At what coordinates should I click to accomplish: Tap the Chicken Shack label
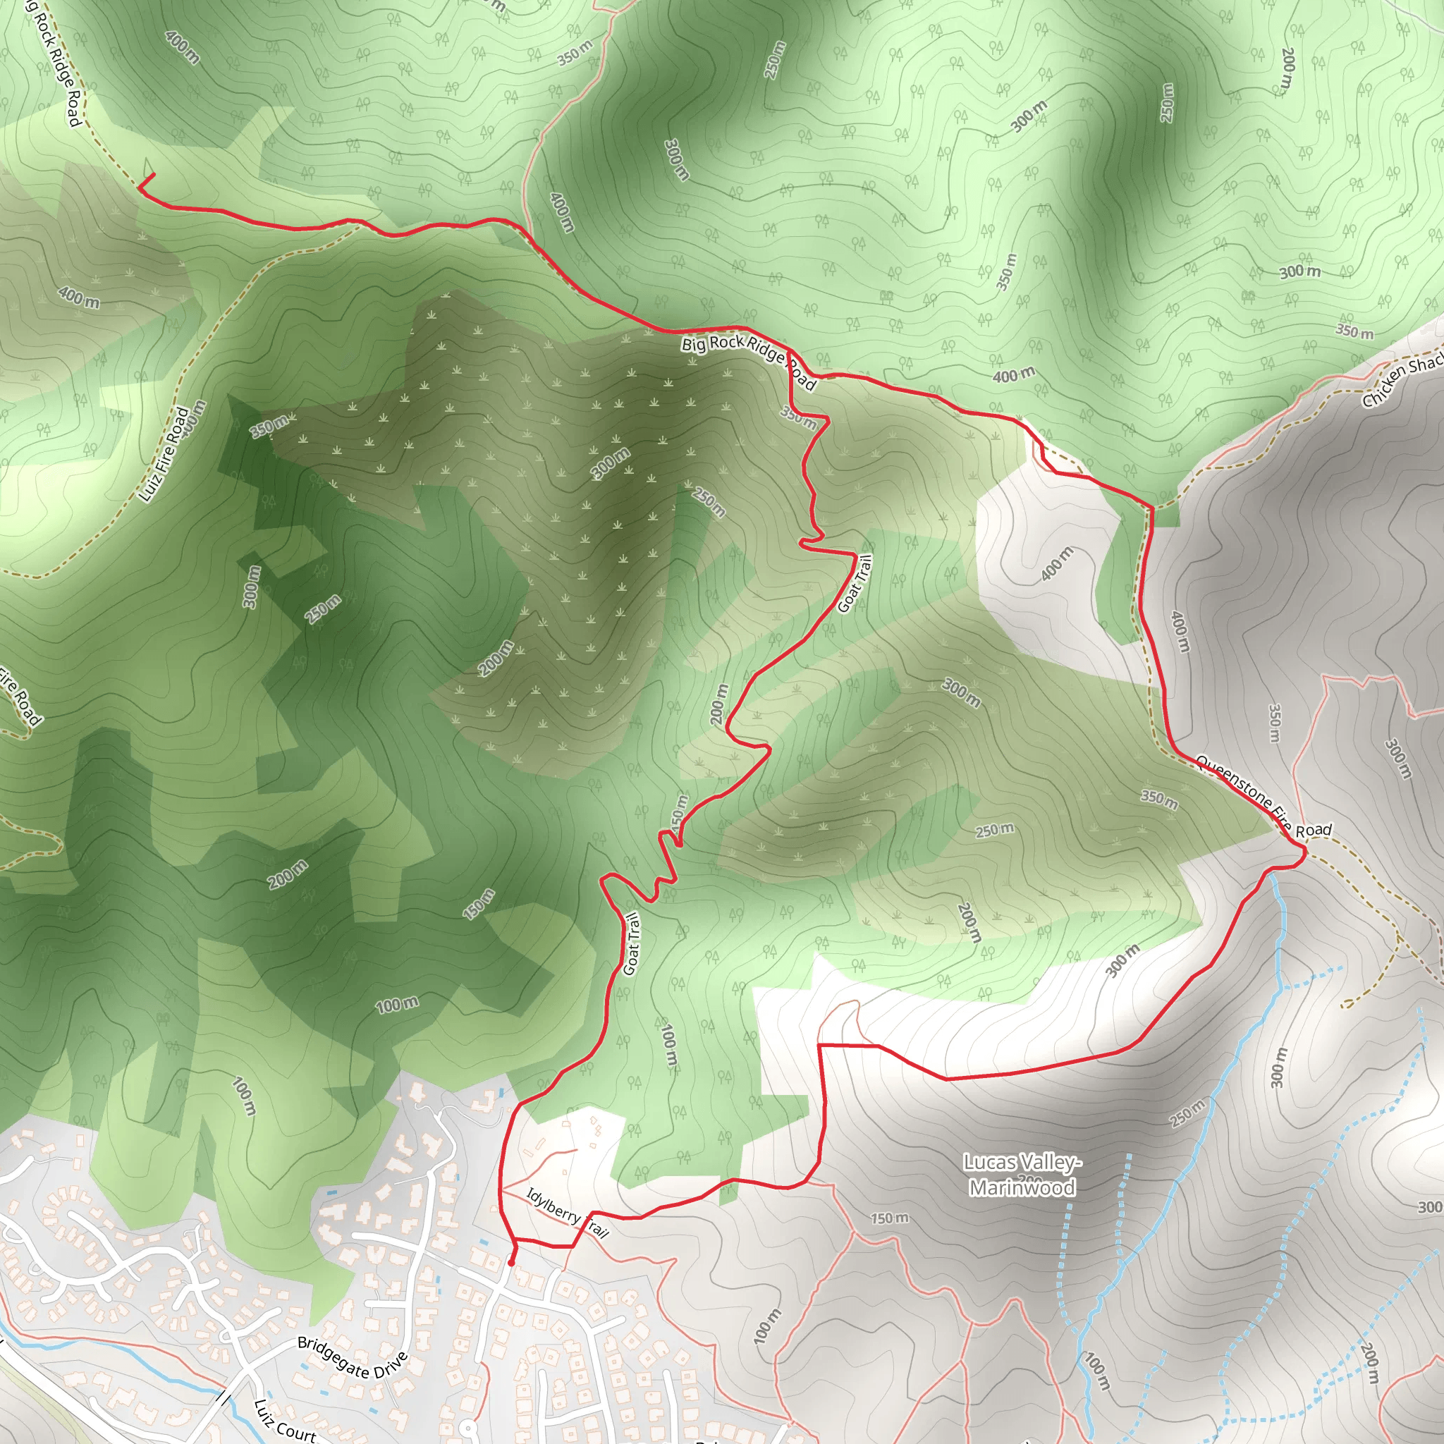pyautogui.click(x=1402, y=382)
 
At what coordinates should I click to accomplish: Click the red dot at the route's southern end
pyautogui.click(x=511, y=1263)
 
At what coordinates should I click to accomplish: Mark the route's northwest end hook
pyautogui.click(x=145, y=181)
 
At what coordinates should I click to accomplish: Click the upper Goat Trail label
pyautogui.click(x=855, y=583)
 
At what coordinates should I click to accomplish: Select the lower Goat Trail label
pyautogui.click(x=632, y=944)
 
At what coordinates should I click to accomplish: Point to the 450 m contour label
pyautogui.click(x=677, y=812)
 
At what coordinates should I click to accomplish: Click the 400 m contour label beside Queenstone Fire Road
pyautogui.click(x=1179, y=632)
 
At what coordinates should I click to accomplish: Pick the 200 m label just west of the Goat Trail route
pyautogui.click(x=718, y=703)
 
